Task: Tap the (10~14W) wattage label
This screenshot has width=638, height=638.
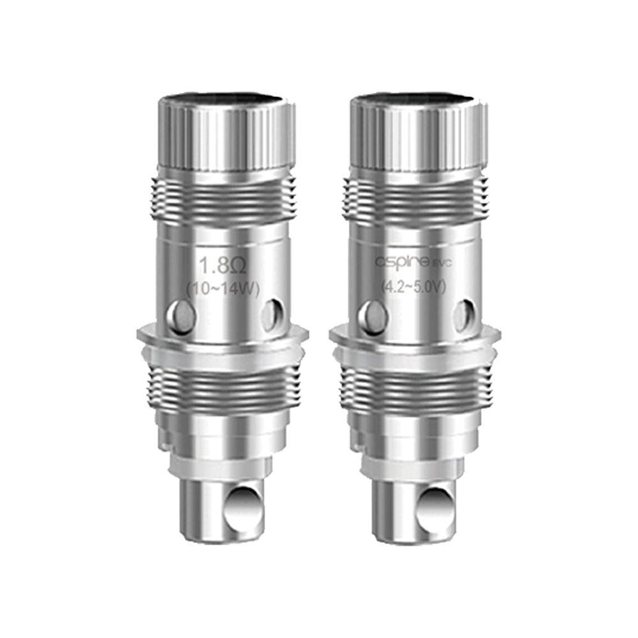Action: pyautogui.click(x=222, y=289)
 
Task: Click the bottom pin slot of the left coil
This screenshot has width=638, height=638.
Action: pyautogui.click(x=243, y=503)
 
